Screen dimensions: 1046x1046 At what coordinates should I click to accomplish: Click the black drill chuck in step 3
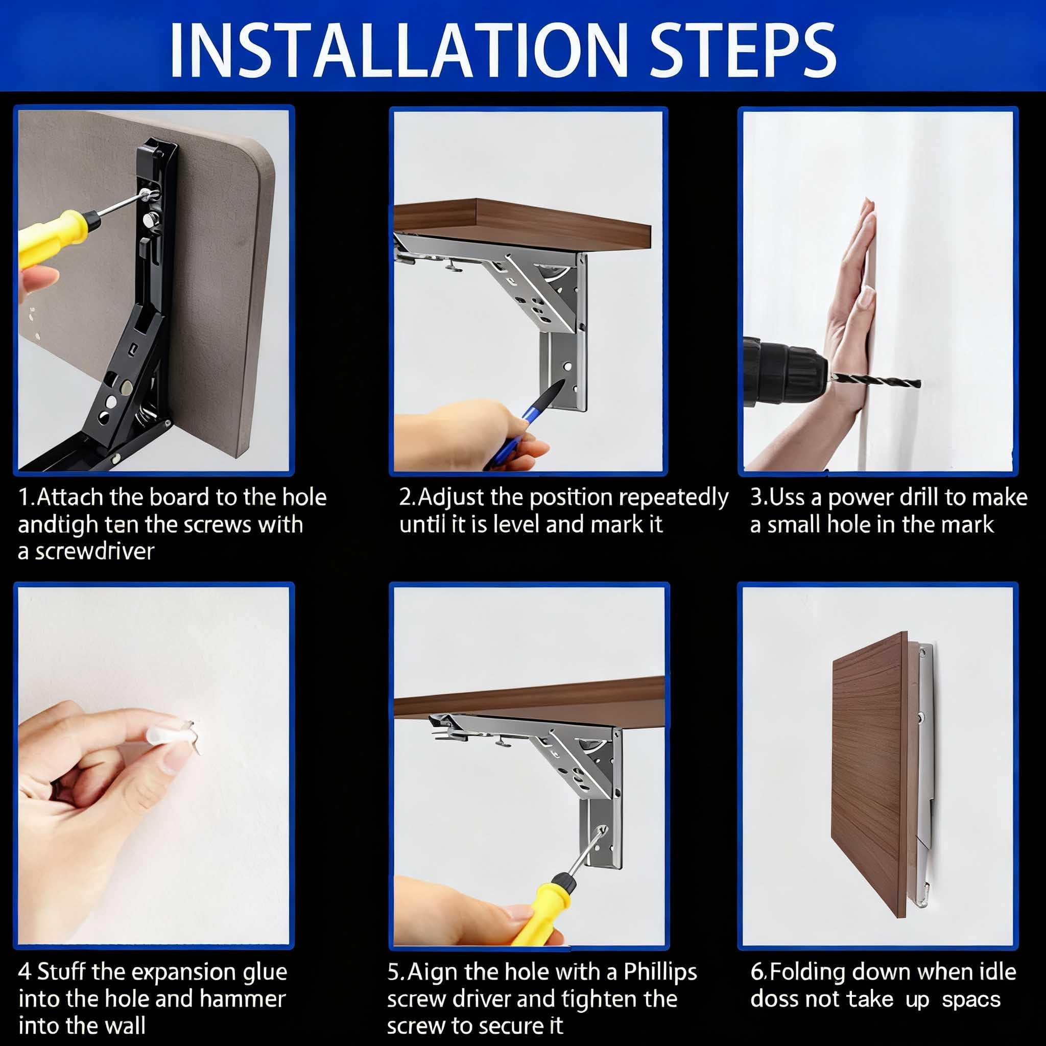click(x=785, y=371)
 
